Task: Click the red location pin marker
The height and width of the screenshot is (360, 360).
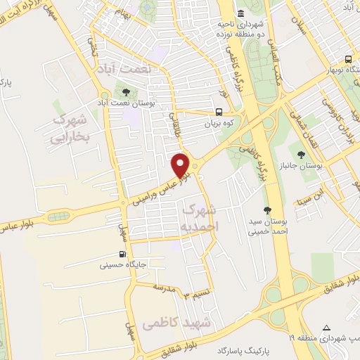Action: pos(181,166)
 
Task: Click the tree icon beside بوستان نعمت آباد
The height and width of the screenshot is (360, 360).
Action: pos(125,91)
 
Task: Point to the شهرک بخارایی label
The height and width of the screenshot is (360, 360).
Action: pos(67,129)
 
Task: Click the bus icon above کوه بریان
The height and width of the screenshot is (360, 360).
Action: pos(219,111)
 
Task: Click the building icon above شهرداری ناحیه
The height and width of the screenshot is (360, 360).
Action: pos(241,13)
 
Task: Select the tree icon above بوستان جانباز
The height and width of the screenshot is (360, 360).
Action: pos(301,155)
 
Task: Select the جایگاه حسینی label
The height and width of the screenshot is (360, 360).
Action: pos(113,266)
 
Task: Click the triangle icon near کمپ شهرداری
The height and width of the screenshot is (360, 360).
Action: pos(326,327)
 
